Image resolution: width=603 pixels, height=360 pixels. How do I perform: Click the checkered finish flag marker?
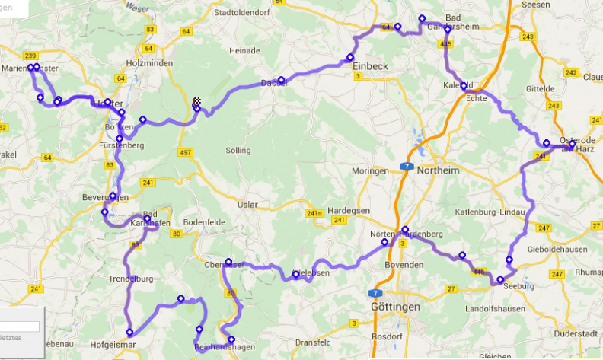pyautogui.click(x=196, y=101)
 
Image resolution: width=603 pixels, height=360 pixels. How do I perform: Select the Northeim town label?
pyautogui.click(x=438, y=170)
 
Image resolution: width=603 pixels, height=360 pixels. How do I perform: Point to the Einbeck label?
pyautogui.click(x=371, y=67)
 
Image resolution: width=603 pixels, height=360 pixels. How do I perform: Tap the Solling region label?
pyautogui.click(x=238, y=151)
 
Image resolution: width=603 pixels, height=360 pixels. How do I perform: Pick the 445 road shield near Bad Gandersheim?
pyautogui.click(x=446, y=45)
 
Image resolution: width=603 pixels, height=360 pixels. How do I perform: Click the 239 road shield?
pyautogui.click(x=30, y=56)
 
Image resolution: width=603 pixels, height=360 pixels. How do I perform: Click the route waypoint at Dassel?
pyautogui.click(x=281, y=80)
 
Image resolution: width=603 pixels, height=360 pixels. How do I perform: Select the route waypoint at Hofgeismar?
pyautogui.click(x=130, y=332)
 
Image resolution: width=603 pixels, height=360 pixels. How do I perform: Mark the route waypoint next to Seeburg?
pyautogui.click(x=500, y=280)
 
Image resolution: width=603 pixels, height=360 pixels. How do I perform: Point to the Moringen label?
pyautogui.click(x=370, y=170)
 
